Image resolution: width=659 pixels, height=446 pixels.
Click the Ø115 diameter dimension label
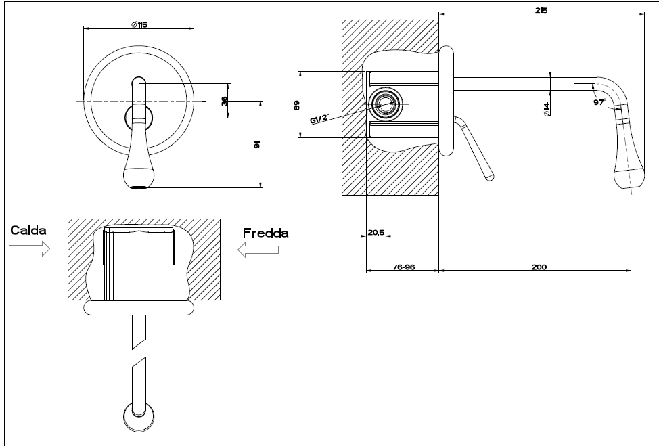(139, 25)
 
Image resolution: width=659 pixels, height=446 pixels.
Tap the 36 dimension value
(224, 101)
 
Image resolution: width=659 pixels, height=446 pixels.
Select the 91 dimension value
(257, 144)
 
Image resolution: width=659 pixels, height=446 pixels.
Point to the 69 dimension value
(297, 105)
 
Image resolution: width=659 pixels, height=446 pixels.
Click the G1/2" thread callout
(320, 118)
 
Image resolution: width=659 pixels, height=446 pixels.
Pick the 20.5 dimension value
(376, 232)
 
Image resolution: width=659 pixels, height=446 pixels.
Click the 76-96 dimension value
(403, 267)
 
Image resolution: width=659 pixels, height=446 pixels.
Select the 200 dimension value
(539, 267)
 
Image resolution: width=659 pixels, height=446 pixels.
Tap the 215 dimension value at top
(541, 10)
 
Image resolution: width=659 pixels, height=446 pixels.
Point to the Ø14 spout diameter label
(547, 109)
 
